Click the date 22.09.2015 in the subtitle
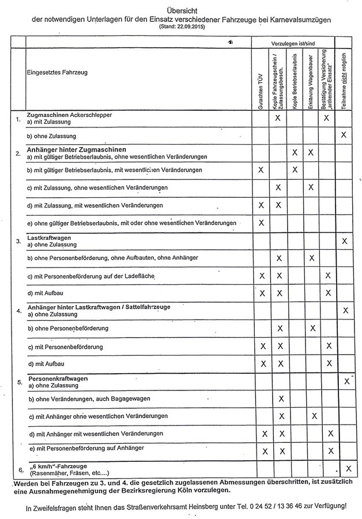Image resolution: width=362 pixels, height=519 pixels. [190, 27]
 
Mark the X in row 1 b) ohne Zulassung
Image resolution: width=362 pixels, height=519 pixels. [344, 134]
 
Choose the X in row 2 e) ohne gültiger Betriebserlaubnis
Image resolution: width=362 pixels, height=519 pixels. [261, 223]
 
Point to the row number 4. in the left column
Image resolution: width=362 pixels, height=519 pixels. [20, 311]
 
